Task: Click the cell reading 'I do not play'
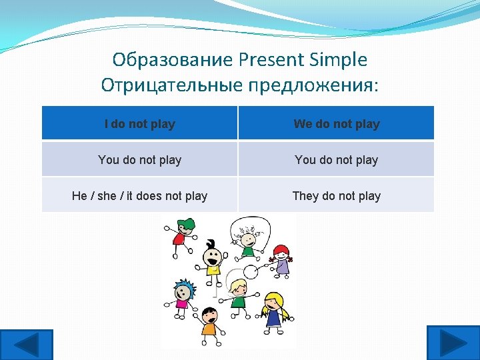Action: pyautogui.click(x=139, y=124)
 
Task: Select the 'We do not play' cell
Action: pyautogui.click(x=337, y=124)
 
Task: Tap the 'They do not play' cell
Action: pyautogui.click(x=337, y=196)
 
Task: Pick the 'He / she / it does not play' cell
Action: pyautogui.click(x=139, y=196)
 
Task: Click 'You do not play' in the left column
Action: pyautogui.click(x=139, y=160)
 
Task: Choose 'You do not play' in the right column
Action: pyautogui.click(x=337, y=160)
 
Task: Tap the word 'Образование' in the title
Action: pyautogui.click(x=170, y=60)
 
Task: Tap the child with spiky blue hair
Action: pyautogui.click(x=182, y=297)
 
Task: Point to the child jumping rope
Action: pyautogui.click(x=248, y=240)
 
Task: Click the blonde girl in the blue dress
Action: pyautogui.click(x=273, y=310)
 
